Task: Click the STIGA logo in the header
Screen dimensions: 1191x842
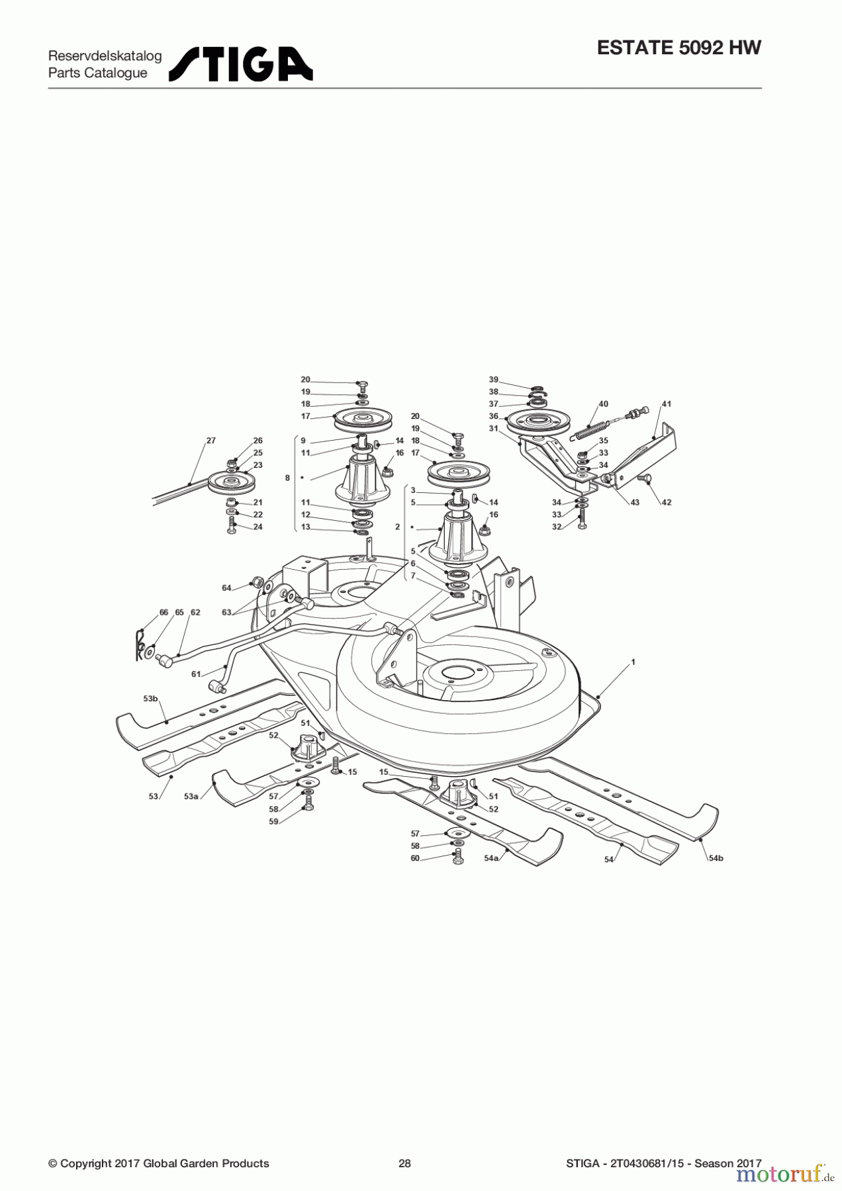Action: [240, 64]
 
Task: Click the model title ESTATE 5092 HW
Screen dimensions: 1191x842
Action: [678, 48]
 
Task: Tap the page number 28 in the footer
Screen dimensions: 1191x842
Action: [404, 1163]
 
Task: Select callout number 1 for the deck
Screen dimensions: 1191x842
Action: [633, 662]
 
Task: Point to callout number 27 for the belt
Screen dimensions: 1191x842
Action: [210, 441]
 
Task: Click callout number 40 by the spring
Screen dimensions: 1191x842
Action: [603, 404]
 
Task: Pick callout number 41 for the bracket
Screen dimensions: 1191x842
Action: [666, 404]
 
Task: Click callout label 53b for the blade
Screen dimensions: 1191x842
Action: [150, 698]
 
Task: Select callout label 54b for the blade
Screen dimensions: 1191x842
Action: [716, 858]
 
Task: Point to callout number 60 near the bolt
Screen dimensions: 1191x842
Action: [415, 858]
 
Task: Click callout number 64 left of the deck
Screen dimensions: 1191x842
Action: [226, 588]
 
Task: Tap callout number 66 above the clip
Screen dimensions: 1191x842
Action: [164, 613]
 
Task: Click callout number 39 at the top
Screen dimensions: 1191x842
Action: [493, 380]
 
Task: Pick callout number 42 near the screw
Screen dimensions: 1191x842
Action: [666, 502]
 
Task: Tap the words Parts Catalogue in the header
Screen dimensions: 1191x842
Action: [97, 73]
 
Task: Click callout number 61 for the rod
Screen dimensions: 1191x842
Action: [196, 674]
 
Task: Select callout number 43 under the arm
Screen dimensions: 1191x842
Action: [635, 502]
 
